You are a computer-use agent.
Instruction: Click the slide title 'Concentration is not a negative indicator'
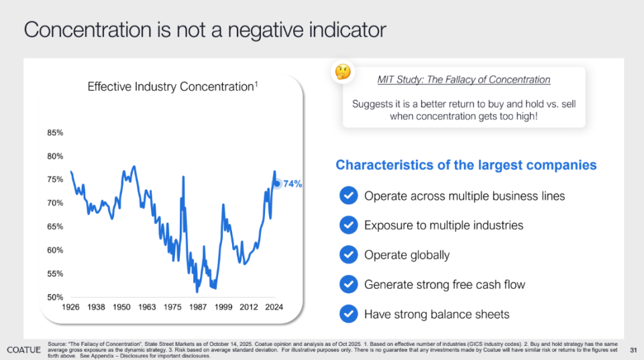coord(205,30)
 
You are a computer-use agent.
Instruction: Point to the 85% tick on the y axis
coord(55,133)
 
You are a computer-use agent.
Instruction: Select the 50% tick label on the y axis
coord(55,297)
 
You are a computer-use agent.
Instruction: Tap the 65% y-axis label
coord(55,227)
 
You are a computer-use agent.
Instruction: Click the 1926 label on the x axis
coord(70,308)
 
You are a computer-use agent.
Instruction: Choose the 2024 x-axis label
coord(273,308)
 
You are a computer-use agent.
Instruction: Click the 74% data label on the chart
coord(292,184)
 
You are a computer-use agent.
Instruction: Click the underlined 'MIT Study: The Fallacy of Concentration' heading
coord(464,80)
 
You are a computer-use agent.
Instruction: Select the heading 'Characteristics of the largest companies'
coord(466,165)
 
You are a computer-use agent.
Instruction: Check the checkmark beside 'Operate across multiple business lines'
coord(348,196)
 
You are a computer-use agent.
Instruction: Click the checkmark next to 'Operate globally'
coord(348,255)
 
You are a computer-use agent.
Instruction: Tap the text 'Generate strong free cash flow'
coord(445,284)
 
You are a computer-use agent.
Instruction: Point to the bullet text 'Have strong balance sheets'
coord(437,314)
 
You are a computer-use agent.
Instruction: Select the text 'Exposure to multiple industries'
coord(443,225)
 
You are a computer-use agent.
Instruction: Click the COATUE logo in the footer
coord(24,350)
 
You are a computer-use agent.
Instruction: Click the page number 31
coord(633,350)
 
